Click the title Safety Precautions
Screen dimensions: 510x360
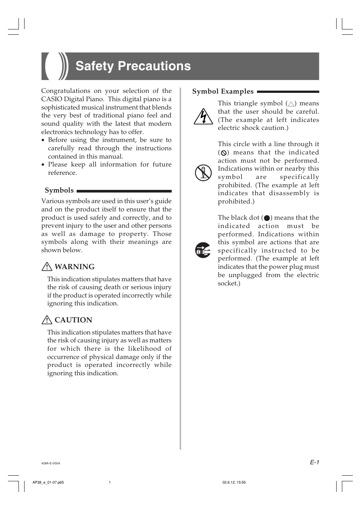pos(133,66)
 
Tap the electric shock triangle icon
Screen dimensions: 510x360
pos(203,117)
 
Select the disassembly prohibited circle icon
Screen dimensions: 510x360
pos(203,173)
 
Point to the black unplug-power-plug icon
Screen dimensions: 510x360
pos(203,250)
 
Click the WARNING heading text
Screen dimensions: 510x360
pos(74,267)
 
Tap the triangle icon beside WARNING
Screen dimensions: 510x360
pos(46,267)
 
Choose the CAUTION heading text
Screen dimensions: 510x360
pos(73,320)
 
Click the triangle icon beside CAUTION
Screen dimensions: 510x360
pos(46,320)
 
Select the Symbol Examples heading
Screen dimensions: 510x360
pos(223,91)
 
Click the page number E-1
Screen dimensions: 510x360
pos(315,462)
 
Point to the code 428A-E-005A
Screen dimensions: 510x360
pos(51,463)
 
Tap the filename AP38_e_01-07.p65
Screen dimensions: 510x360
pos(48,482)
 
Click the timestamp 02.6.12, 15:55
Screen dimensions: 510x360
pos(234,482)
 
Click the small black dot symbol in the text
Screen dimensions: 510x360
pos(267,218)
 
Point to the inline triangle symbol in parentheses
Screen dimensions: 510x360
pos(291,104)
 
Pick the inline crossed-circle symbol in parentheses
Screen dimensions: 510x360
pos(223,153)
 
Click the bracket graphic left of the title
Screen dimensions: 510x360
pos(55,66)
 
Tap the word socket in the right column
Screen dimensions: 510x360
pos(228,283)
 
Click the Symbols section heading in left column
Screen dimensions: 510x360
pos(59,190)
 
